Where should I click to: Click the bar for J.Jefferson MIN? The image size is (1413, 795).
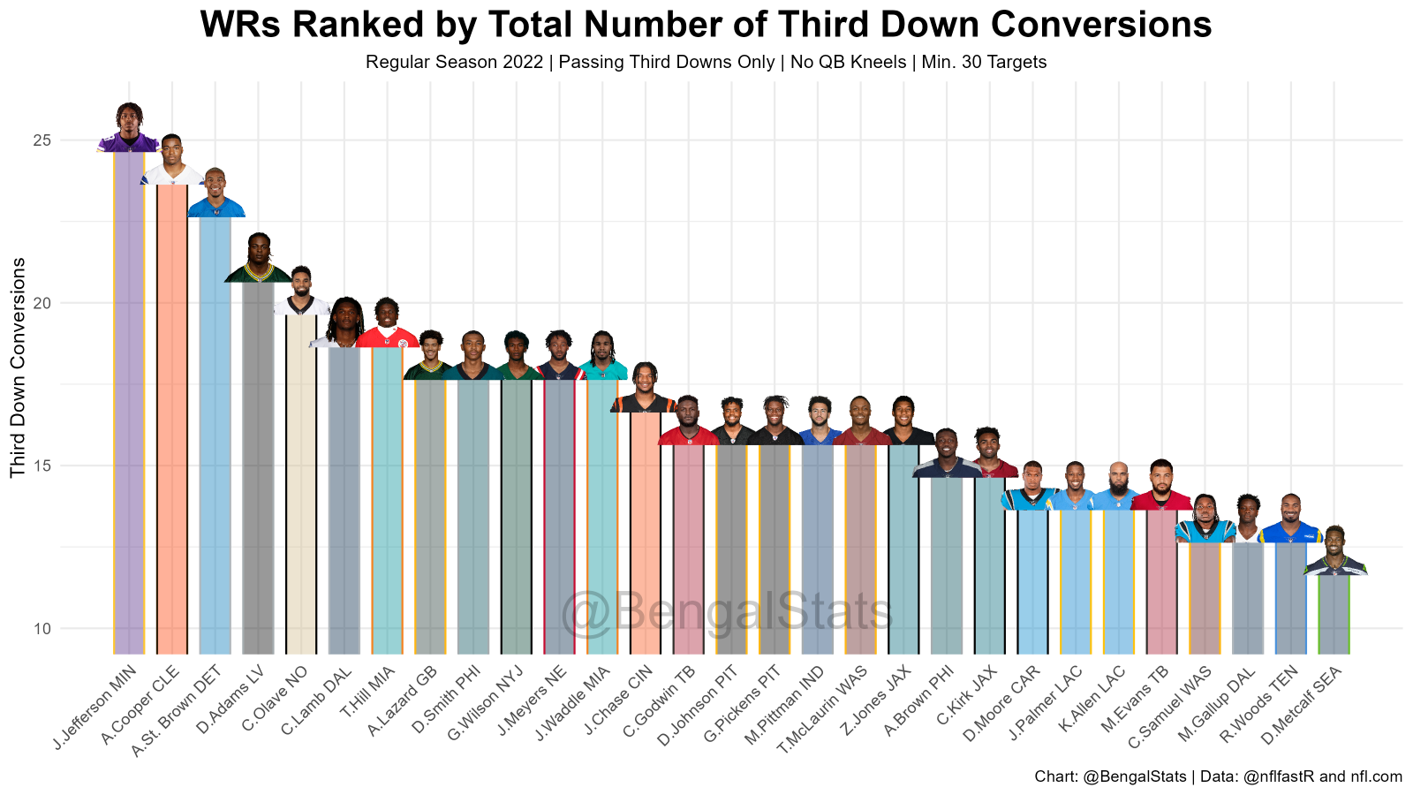point(129,397)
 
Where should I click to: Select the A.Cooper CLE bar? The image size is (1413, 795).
point(172,415)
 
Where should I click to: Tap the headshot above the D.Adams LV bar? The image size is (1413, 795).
point(259,259)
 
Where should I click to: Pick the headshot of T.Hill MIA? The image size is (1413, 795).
point(387,324)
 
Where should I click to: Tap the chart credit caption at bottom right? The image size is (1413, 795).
point(1218,776)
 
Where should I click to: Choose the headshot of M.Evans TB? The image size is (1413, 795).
point(1161,486)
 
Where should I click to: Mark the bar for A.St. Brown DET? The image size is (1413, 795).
point(215,433)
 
